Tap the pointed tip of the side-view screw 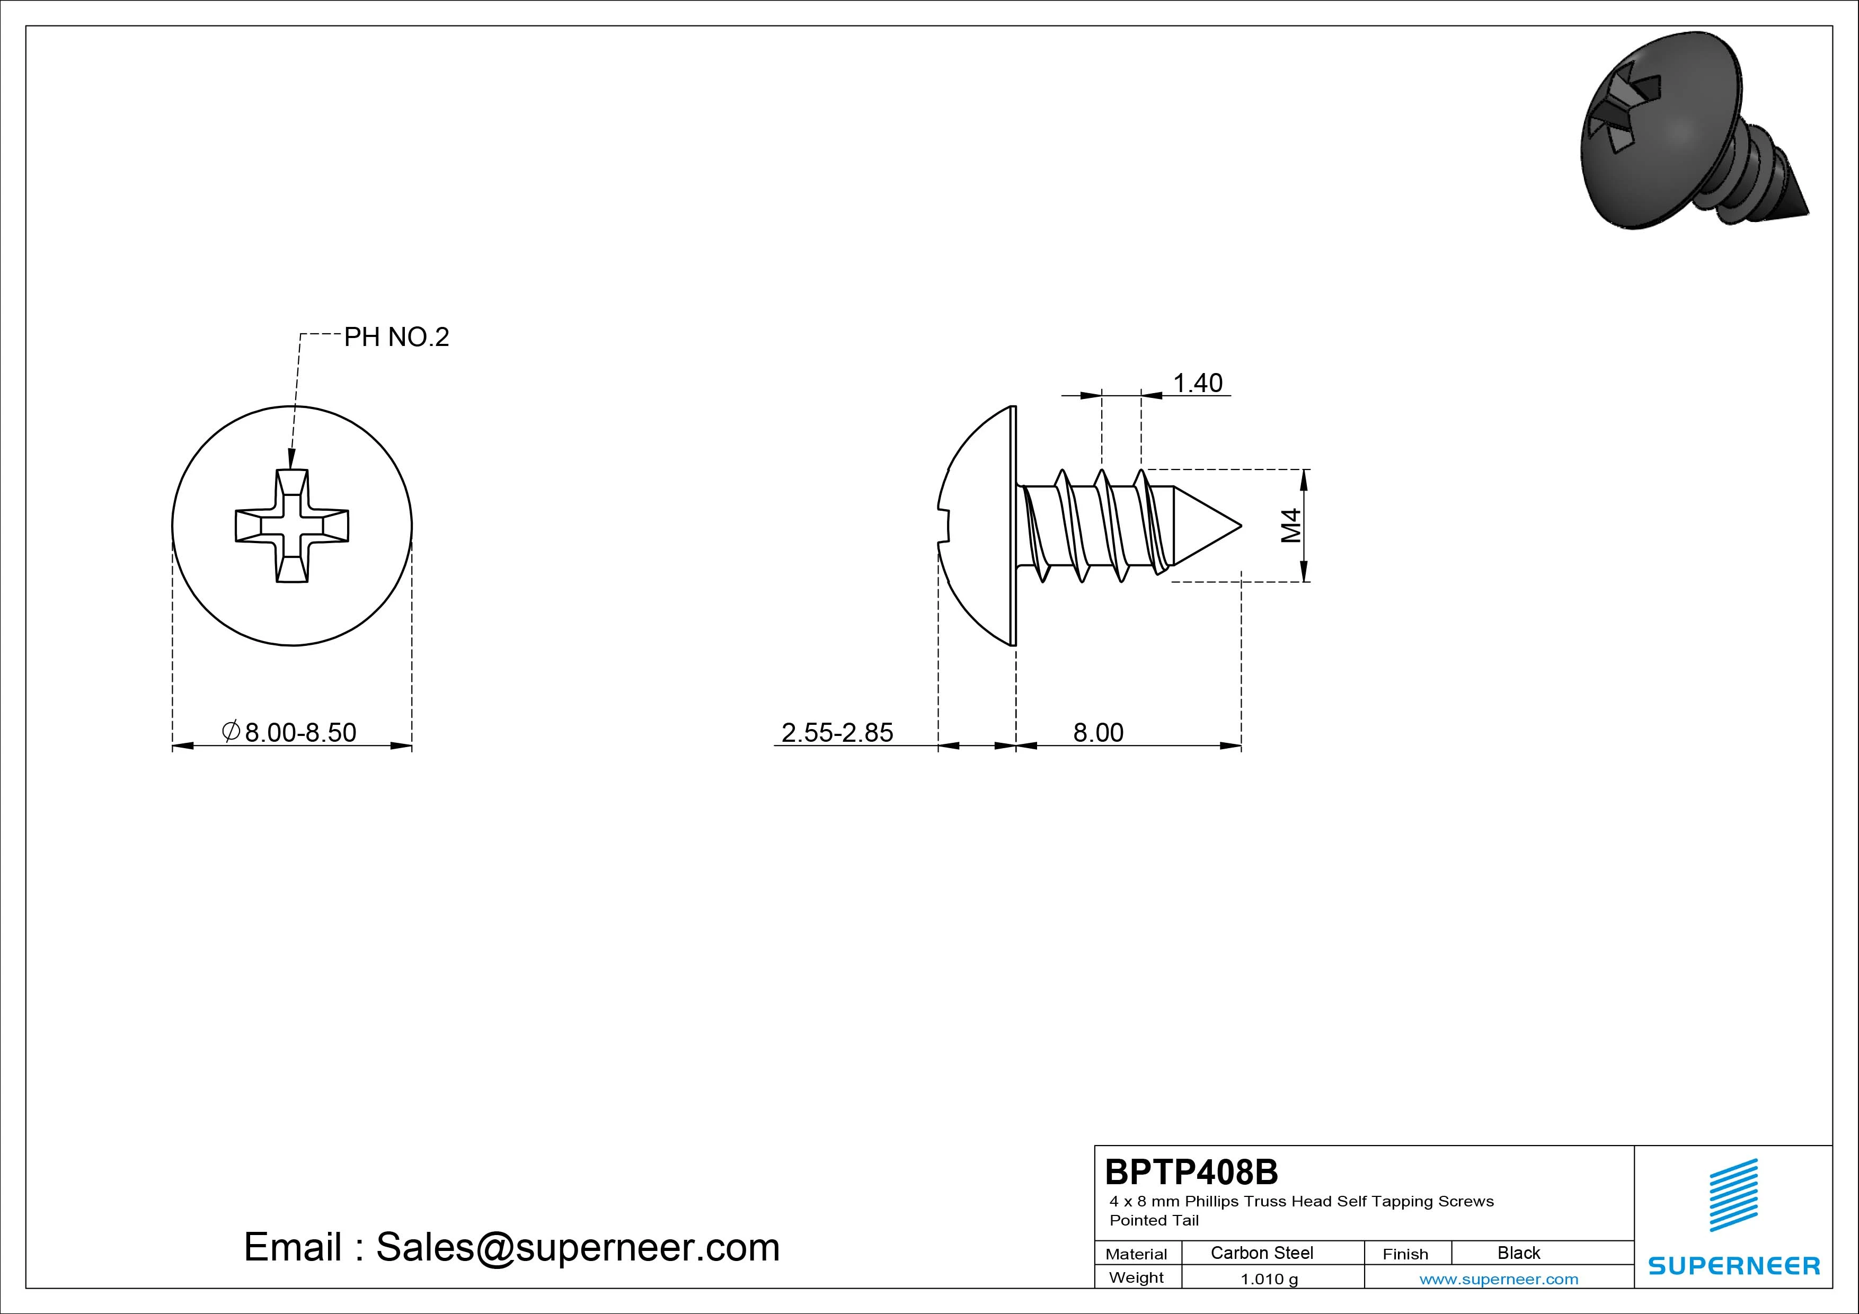(x=1241, y=526)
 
